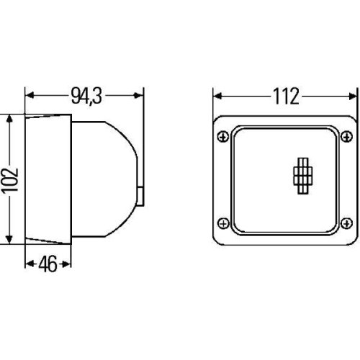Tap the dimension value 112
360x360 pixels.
tap(285, 95)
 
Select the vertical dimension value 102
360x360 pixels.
tap(9, 178)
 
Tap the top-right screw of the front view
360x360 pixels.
tap(348, 135)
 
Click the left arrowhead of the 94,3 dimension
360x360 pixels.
tap(30, 95)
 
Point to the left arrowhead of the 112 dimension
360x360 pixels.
tap(219, 95)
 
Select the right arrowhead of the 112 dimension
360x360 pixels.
tap(353, 95)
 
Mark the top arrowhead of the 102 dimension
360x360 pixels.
tap(9, 118)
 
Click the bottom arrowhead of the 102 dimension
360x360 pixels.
tap(9, 238)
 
